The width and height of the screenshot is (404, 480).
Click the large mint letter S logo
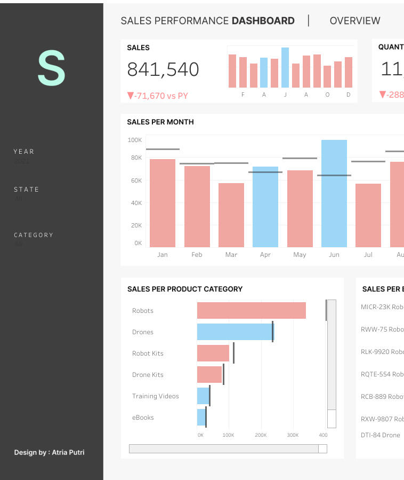(x=51, y=68)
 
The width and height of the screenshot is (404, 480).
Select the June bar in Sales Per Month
(x=334, y=193)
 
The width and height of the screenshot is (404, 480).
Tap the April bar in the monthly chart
(x=265, y=207)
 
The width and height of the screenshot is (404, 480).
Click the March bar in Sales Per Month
(x=231, y=215)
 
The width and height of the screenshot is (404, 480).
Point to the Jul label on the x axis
(x=368, y=255)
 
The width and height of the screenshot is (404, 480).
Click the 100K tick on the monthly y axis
(x=135, y=140)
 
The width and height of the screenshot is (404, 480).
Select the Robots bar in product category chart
(x=251, y=310)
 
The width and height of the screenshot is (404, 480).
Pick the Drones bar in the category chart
(x=235, y=332)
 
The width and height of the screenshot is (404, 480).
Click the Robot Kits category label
(x=148, y=353)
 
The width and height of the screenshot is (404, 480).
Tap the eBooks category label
(x=143, y=418)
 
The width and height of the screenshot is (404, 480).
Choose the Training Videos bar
(x=203, y=396)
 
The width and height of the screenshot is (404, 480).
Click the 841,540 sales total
(x=163, y=69)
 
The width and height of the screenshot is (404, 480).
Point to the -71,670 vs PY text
(x=158, y=96)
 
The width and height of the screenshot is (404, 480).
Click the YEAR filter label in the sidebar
(x=24, y=152)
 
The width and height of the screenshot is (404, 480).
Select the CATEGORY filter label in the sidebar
(x=34, y=235)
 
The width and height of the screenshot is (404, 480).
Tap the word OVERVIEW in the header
(x=355, y=21)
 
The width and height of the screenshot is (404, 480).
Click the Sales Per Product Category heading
(x=185, y=289)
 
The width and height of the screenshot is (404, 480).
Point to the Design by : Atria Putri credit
(x=49, y=453)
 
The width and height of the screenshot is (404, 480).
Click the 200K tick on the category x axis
(x=261, y=435)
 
